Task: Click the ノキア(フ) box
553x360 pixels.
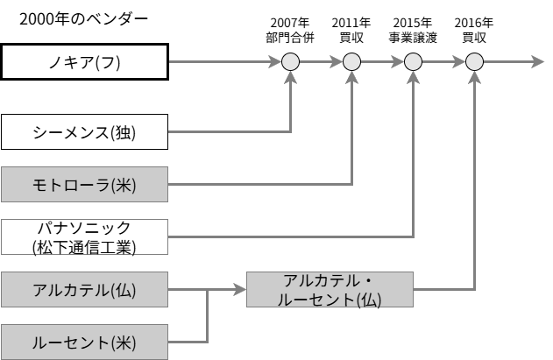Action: click(x=83, y=62)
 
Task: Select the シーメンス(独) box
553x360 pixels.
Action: click(x=83, y=132)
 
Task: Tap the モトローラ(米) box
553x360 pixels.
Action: click(x=83, y=184)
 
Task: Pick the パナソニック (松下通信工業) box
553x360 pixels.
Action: click(x=83, y=236)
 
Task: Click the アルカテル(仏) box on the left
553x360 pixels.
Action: click(x=83, y=289)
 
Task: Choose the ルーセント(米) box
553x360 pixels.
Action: click(x=83, y=341)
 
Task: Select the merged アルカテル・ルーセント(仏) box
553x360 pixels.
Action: click(x=330, y=289)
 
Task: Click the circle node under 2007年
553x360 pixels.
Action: click(x=290, y=62)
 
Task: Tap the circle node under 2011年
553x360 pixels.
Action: click(x=351, y=62)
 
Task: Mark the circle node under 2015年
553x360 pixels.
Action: click(x=413, y=62)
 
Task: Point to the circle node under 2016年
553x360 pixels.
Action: click(x=474, y=62)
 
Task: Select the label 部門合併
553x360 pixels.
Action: click(x=290, y=38)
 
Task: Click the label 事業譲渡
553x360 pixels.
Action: click(x=413, y=38)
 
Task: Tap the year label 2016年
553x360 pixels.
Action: click(x=474, y=22)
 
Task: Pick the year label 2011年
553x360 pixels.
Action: click(x=351, y=22)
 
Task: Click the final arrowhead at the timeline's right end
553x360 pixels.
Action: click(x=537, y=62)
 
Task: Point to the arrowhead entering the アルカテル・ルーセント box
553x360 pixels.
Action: click(x=240, y=289)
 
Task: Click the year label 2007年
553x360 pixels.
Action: click(x=290, y=22)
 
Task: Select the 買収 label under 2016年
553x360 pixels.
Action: click(x=474, y=38)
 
